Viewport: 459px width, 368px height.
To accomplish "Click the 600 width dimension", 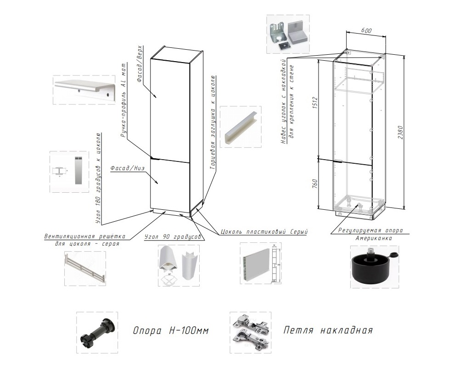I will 366,30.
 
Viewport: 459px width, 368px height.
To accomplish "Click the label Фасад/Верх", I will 140,64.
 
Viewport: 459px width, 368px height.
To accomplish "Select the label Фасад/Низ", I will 128,168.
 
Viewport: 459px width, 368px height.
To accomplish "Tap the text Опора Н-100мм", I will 168,331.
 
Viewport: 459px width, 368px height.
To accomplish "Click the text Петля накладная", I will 328,330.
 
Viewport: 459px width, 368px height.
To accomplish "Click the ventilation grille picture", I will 85,270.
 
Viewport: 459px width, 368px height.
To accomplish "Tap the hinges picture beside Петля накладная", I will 250,330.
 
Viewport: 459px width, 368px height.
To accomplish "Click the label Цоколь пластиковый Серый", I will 263,231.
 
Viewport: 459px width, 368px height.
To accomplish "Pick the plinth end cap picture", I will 240,126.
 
